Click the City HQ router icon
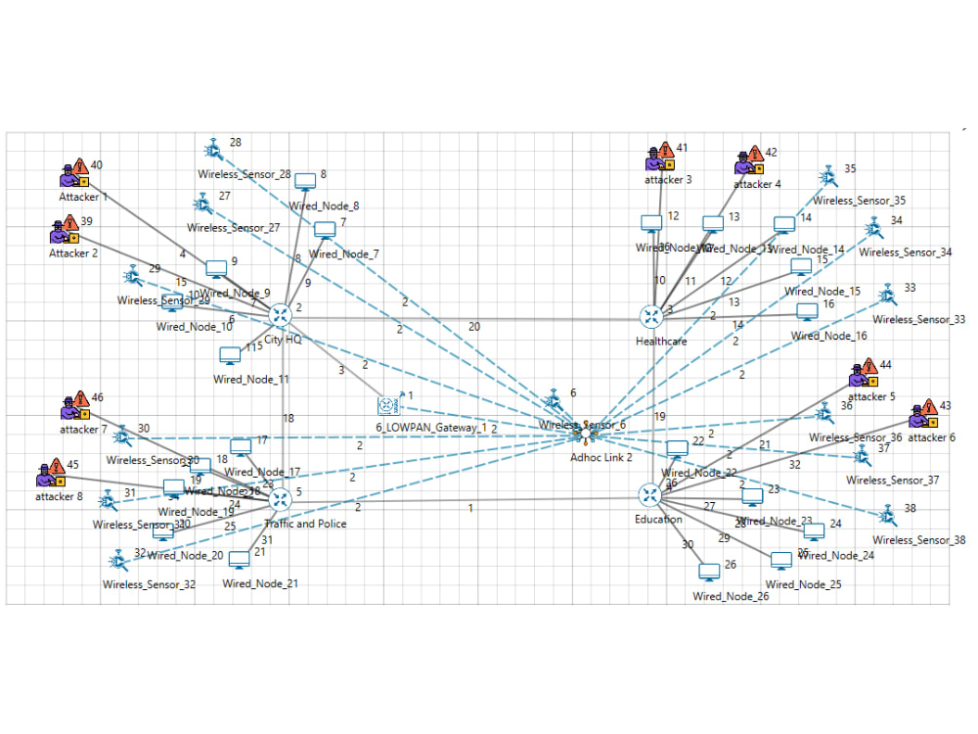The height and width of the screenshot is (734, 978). tap(282, 315)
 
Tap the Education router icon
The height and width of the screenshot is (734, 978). tap(651, 495)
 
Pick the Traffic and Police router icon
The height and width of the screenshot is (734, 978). tap(281, 498)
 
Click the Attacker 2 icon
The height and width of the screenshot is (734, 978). tap(65, 232)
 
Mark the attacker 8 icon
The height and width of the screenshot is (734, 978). tap(50, 475)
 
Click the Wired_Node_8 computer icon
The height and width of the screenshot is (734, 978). tap(306, 181)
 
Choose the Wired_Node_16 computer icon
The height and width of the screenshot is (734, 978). tap(807, 312)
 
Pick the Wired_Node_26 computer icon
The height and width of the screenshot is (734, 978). tap(709, 572)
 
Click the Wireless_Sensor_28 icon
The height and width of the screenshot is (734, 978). tap(212, 150)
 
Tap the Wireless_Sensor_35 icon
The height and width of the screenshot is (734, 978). tap(828, 175)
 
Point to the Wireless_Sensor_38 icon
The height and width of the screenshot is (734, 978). tap(887, 515)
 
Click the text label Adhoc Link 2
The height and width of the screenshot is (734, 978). tap(601, 457)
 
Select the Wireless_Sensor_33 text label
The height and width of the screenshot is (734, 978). tap(918, 319)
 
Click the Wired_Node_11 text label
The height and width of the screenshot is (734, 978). tap(250, 379)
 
